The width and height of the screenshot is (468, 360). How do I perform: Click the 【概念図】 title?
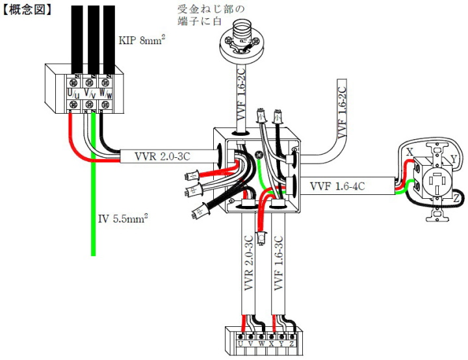27,10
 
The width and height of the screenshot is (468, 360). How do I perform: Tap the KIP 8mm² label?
142,40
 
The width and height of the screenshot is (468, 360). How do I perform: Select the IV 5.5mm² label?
123,219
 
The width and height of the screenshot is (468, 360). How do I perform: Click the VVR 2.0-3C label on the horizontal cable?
162,156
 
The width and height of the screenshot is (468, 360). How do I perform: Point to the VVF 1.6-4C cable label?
337,186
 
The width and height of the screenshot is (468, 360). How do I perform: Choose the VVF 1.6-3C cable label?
278,263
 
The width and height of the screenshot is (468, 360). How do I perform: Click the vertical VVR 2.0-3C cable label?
248,263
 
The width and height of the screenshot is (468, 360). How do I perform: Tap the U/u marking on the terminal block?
73,94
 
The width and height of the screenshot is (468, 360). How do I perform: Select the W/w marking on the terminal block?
106,94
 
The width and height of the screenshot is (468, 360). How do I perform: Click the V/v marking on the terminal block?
90,94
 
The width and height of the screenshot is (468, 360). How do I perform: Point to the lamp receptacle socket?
241,40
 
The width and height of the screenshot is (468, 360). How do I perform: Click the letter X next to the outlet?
409,152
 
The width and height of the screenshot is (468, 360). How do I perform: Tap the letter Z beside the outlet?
456,198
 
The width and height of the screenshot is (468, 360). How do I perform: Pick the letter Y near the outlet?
454,159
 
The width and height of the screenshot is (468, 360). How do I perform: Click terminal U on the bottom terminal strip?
240,344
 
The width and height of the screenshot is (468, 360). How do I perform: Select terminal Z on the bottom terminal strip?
292,344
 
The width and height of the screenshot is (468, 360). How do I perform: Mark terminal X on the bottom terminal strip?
271,344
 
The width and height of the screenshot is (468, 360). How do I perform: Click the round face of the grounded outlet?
437,181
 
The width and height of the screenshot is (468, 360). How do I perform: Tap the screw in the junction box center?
259,155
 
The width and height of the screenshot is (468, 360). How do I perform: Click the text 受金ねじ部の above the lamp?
211,9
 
